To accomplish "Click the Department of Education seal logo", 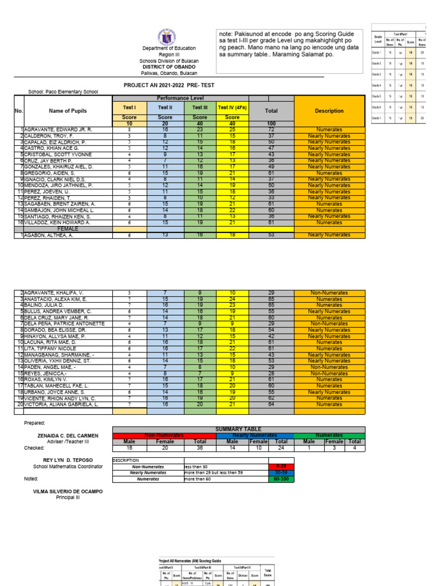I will click(169, 35).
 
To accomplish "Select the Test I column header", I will click(129, 108).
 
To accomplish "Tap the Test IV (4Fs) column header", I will click(232, 108).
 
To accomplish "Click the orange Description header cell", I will click(329, 111).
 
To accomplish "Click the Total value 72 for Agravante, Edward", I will click(272, 130).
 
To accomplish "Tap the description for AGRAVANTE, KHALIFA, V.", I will click(329, 293).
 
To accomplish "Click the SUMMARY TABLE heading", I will click(238, 429).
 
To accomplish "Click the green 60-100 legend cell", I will click(281, 479).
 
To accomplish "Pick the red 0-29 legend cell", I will click(281, 467).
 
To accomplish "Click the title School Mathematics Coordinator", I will click(68, 467).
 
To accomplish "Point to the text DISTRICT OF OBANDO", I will click(169, 67).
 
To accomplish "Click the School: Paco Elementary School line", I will click(63, 92).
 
